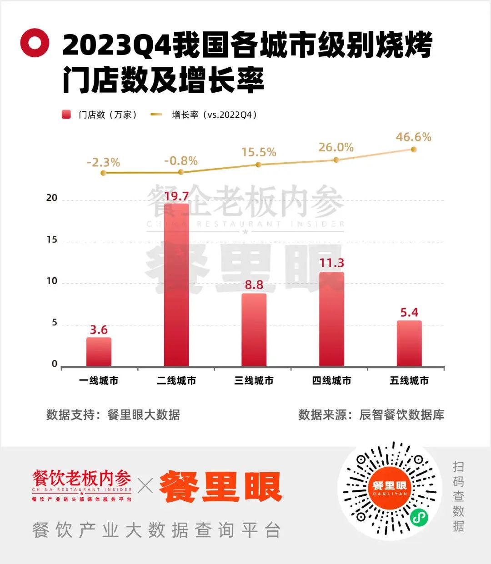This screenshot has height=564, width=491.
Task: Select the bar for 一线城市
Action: click(99, 352)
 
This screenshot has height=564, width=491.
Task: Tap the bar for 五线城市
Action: click(409, 344)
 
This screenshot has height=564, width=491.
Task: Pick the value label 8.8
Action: click(254, 285)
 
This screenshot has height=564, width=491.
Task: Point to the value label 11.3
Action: click(331, 263)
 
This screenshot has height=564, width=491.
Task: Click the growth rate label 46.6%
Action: click(413, 137)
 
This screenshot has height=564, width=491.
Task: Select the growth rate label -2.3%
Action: click(103, 162)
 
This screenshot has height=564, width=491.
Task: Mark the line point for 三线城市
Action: click(259, 165)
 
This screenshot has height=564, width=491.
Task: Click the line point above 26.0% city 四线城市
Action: click(336, 160)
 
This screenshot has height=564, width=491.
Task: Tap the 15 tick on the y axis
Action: click(52, 240)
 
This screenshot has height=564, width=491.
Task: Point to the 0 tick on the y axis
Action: click(55, 364)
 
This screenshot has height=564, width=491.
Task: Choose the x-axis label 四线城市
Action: click(331, 381)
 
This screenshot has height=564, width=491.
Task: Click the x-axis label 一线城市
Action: click(99, 381)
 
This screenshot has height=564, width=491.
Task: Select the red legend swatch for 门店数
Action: click(66, 115)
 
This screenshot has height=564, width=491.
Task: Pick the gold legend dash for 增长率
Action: click(156, 115)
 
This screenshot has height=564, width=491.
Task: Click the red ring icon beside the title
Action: click(35, 43)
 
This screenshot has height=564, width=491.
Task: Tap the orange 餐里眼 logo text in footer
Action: click(221, 487)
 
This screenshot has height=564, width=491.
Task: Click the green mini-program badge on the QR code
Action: click(419, 517)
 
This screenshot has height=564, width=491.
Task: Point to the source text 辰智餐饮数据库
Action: click(401, 415)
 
